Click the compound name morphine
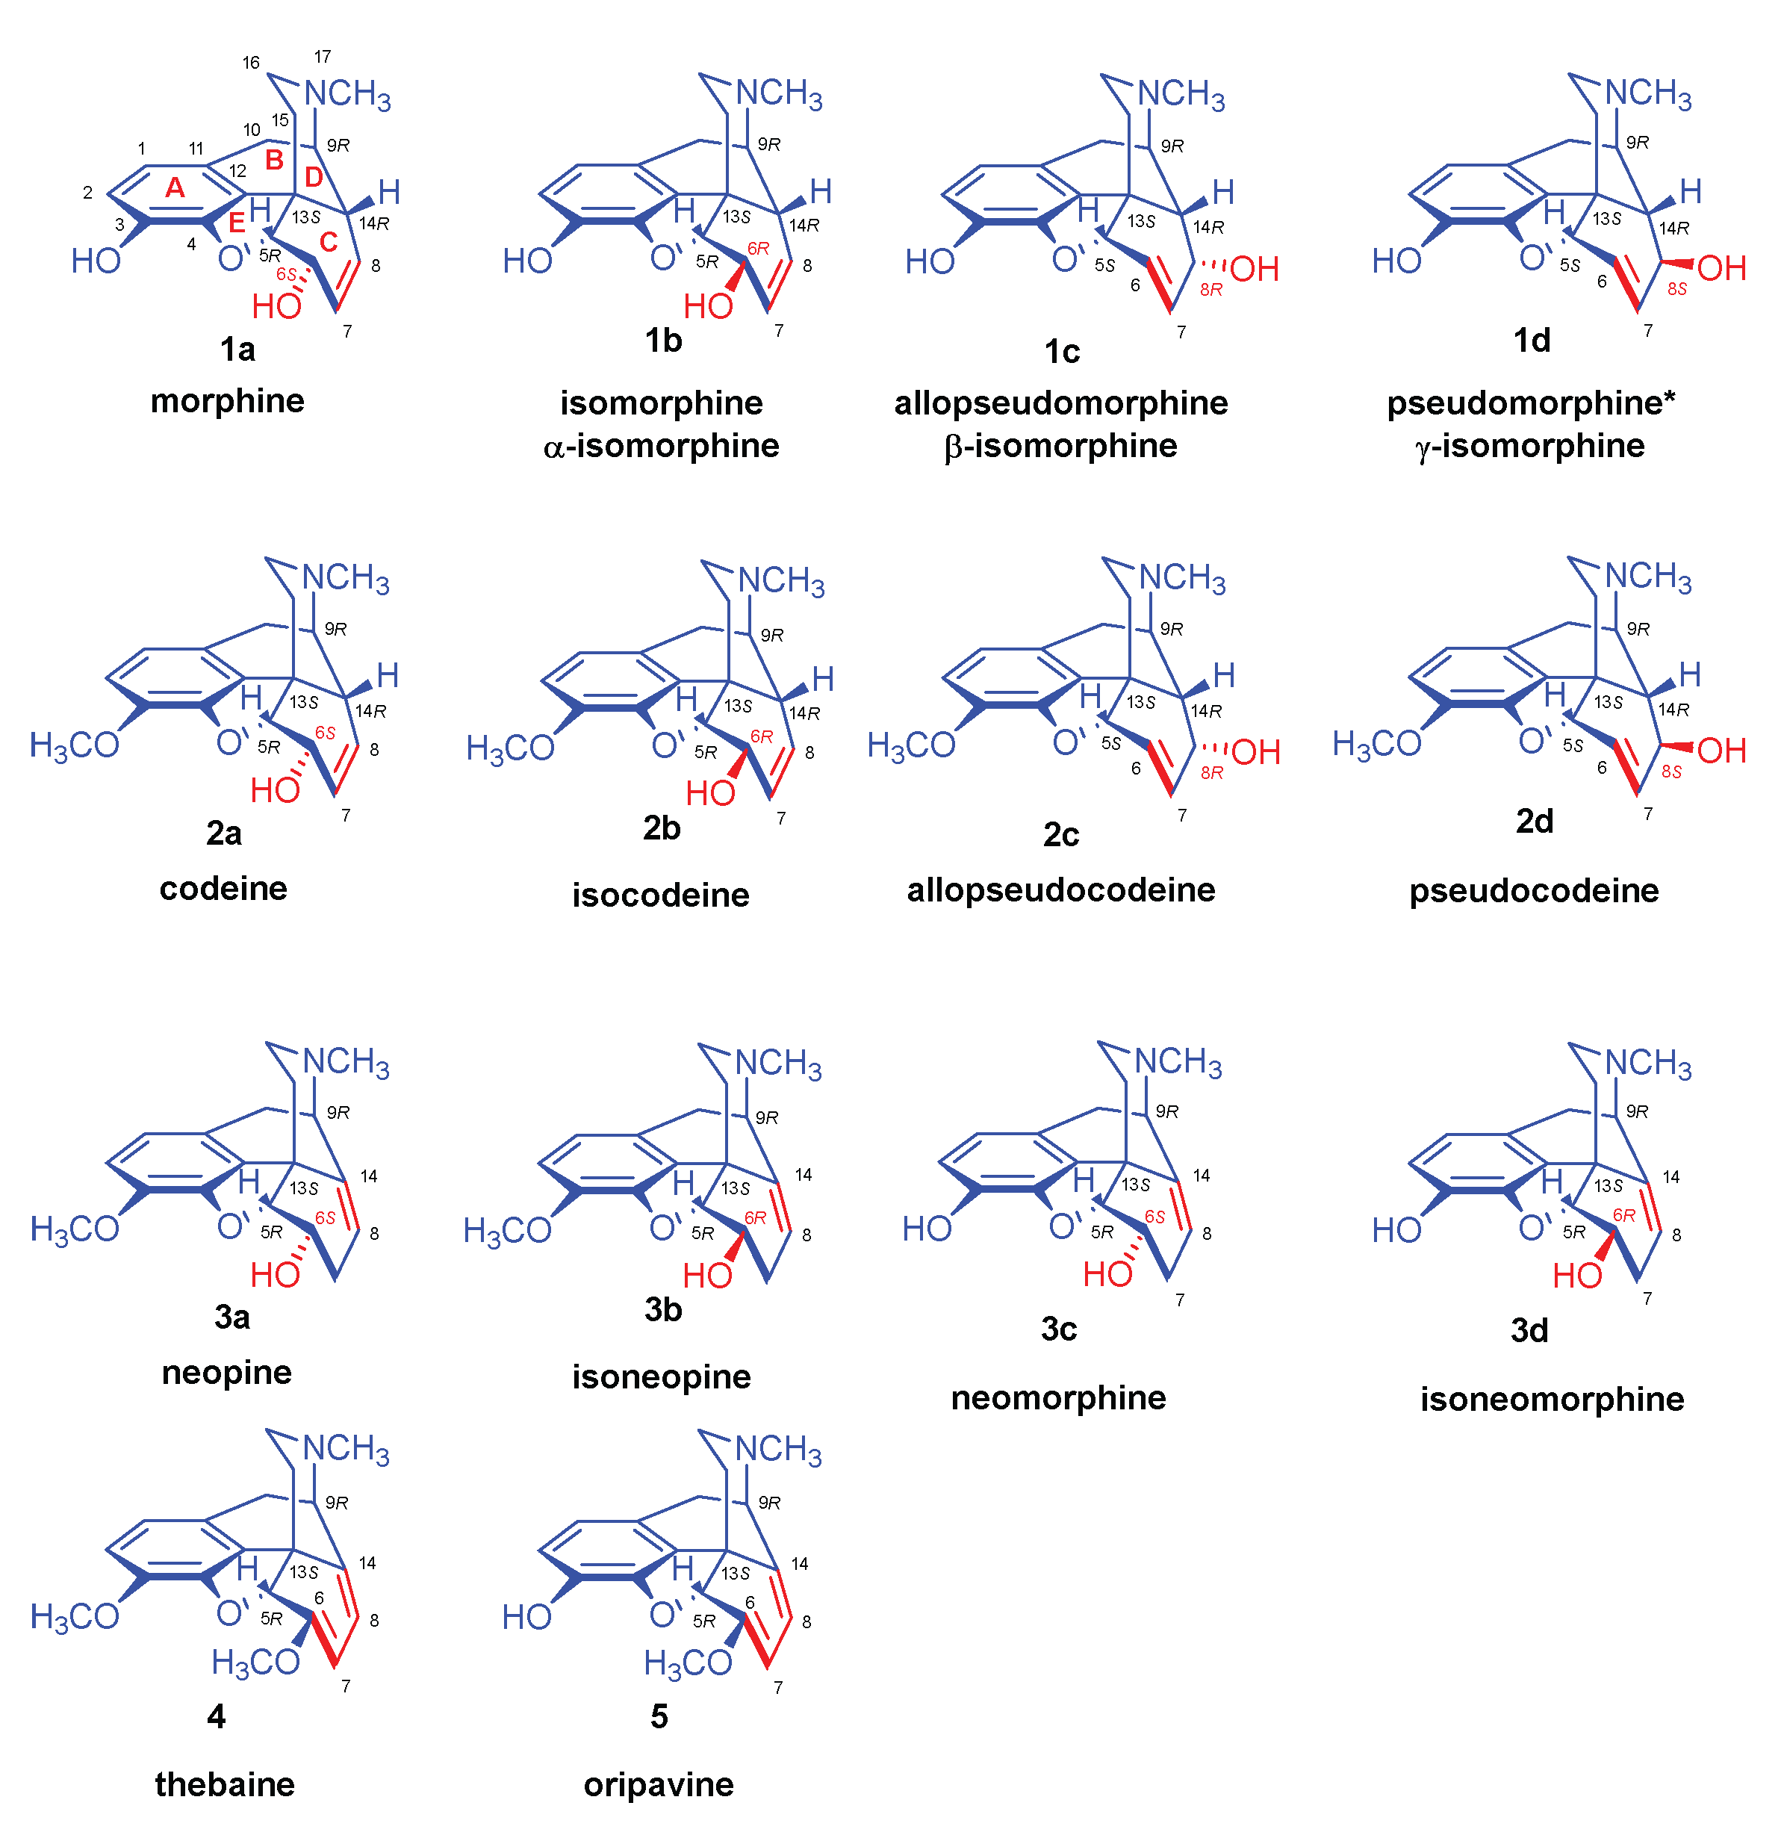227,401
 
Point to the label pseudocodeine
1533,890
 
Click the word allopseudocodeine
1060,890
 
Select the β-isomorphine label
1060,446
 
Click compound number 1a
237,350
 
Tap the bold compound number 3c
1058,1329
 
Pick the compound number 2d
1533,822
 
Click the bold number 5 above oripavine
659,1716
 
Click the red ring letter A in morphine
174,187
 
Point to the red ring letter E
237,223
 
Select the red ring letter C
328,242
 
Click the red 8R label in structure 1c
1211,289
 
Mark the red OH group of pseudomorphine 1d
1721,269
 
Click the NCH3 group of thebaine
346,1450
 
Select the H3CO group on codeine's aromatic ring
75,745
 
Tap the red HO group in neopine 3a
274,1275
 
